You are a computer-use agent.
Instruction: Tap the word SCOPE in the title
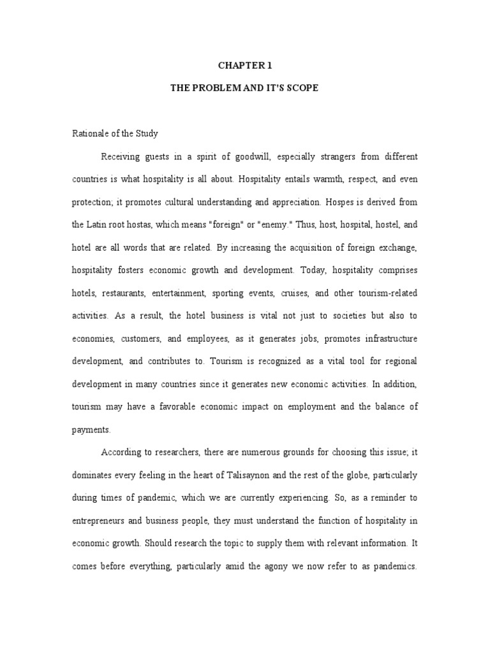click(301, 88)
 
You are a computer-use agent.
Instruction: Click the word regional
click(399, 361)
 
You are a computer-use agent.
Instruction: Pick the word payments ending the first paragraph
click(88, 430)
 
